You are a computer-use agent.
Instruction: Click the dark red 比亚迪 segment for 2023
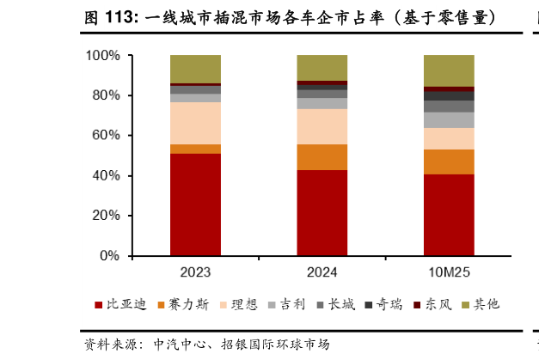[x=195, y=204]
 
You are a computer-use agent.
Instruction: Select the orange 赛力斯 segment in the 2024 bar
[x=322, y=157]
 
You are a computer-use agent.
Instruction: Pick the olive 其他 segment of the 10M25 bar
[x=449, y=70]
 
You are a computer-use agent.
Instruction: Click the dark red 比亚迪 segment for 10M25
[x=449, y=215]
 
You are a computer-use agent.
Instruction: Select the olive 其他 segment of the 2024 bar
[x=322, y=68]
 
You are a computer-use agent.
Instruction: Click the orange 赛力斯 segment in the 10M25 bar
[x=449, y=162]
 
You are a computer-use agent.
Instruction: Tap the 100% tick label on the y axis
[x=103, y=56]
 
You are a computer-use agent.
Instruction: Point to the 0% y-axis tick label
[x=110, y=256]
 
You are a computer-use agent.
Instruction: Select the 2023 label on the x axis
[x=195, y=272]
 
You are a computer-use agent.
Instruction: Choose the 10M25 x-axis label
[x=449, y=272]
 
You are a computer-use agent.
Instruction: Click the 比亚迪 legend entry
[x=120, y=304]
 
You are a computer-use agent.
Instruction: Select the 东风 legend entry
[x=434, y=304]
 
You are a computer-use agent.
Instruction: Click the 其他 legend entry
[x=481, y=304]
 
